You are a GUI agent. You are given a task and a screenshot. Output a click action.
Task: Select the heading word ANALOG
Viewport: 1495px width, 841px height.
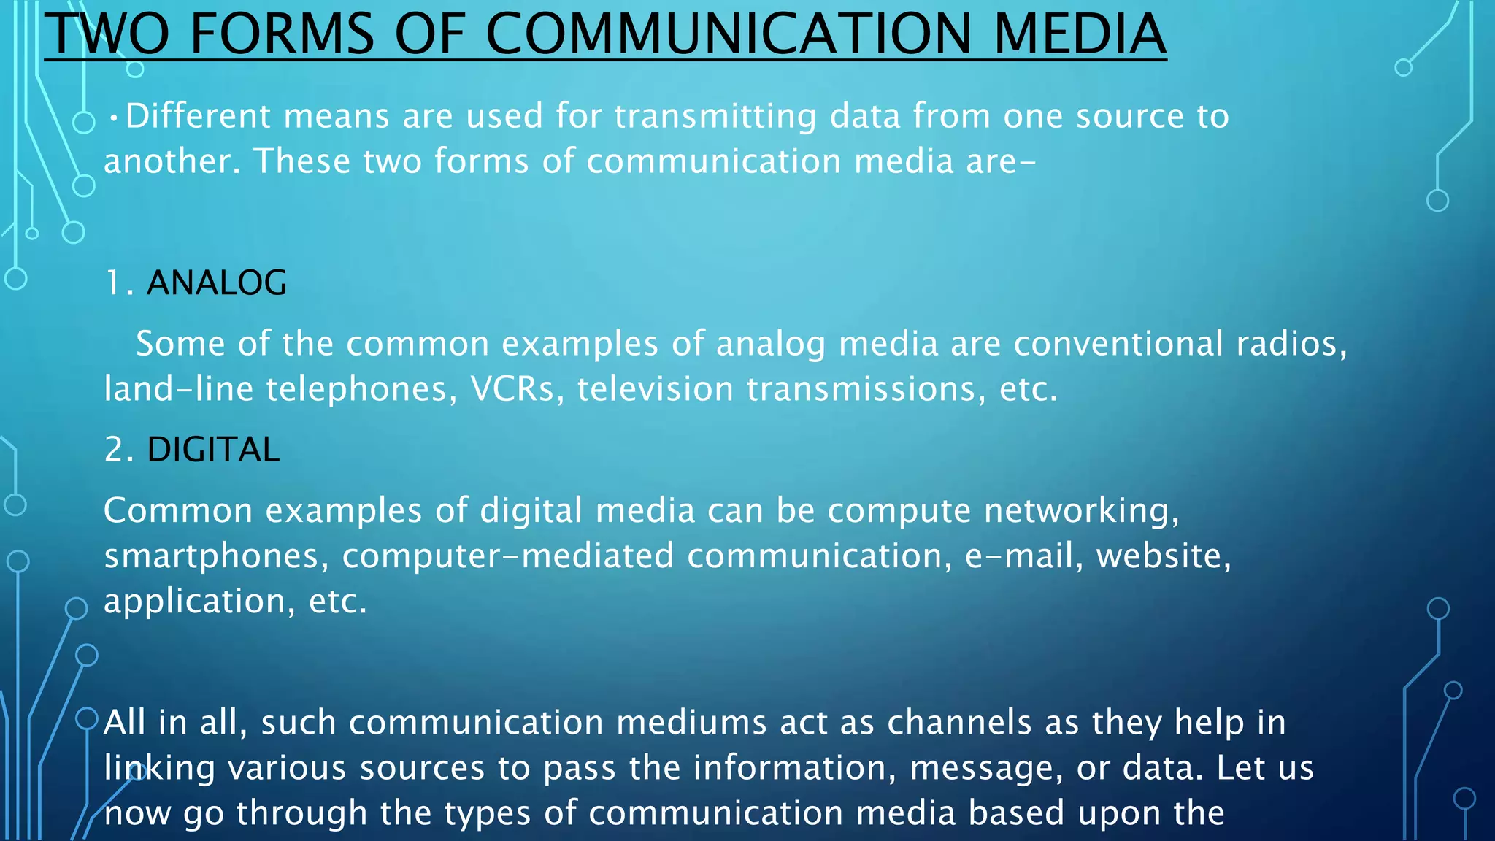pos(217,283)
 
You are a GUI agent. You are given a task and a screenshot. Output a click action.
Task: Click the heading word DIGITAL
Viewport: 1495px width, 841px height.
pos(213,449)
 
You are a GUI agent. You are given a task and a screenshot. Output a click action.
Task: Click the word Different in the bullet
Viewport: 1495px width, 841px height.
pos(198,116)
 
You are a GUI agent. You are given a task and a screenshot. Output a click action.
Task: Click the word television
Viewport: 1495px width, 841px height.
pos(655,388)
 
